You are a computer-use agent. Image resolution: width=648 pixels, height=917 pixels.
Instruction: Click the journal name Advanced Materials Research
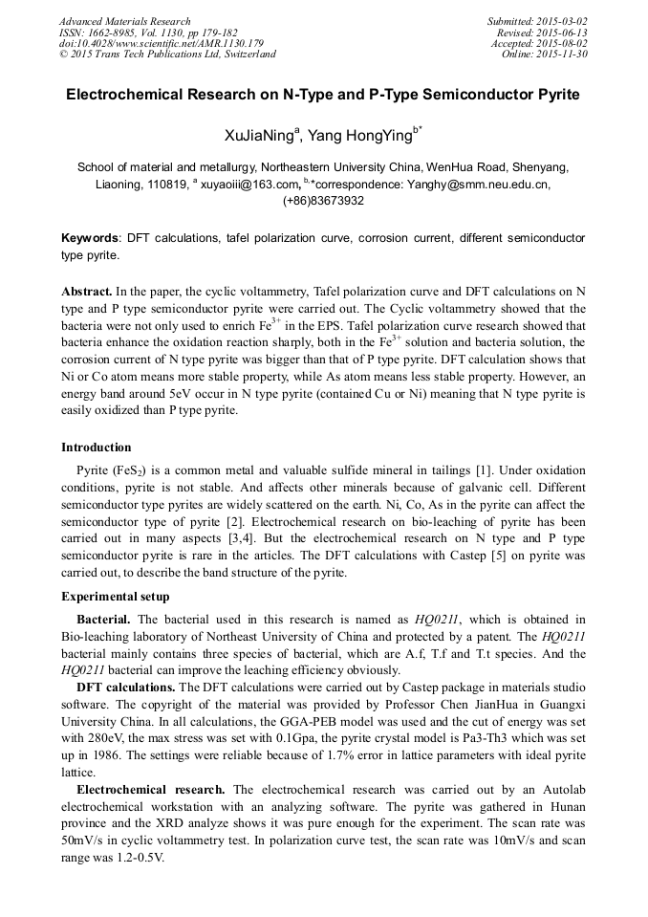click(124, 21)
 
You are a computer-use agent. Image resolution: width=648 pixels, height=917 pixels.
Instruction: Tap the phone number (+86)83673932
click(323, 201)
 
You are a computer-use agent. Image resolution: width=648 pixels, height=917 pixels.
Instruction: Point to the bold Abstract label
click(87, 290)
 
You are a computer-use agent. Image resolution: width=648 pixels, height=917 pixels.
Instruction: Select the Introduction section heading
click(97, 447)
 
